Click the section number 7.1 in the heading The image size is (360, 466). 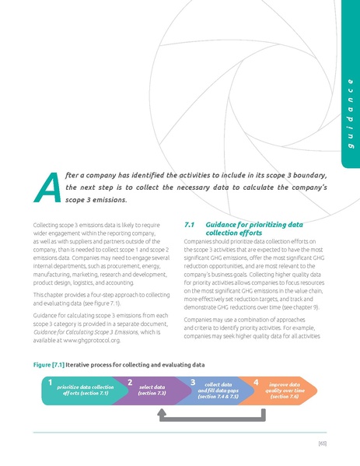pos(187,225)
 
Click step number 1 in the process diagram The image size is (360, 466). pos(49,383)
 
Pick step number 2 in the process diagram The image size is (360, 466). pos(129,383)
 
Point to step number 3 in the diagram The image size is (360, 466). pos(192,383)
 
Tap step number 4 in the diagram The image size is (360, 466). pos(256,383)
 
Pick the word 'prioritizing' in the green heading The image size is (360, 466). pos(267,225)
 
